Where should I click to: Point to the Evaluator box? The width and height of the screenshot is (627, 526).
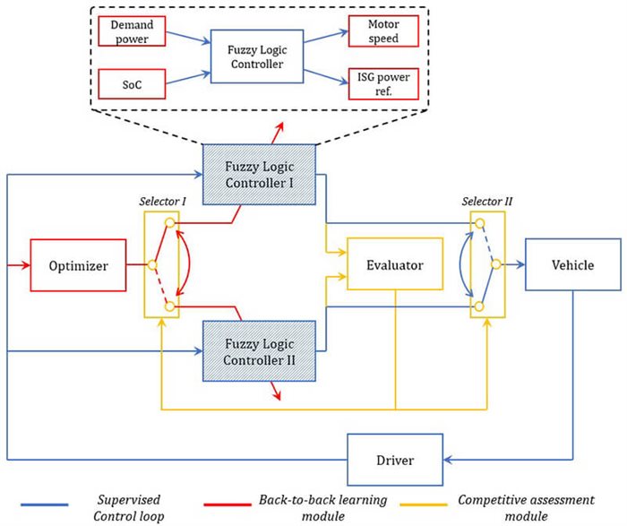pos(394,266)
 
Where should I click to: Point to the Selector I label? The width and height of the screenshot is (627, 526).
pos(162,202)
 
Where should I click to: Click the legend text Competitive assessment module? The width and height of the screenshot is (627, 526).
pos(537,508)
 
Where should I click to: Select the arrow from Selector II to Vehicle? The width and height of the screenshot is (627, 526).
pos(512,265)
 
